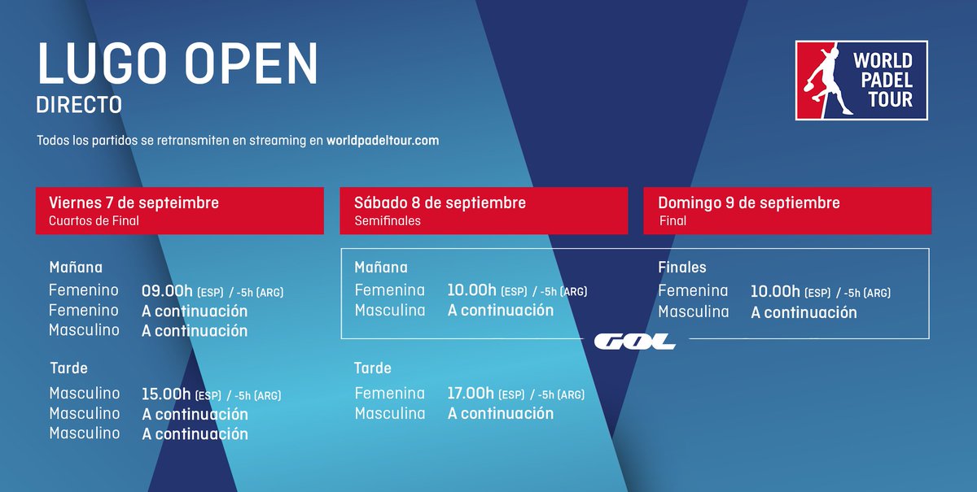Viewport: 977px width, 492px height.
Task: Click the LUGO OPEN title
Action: [177, 63]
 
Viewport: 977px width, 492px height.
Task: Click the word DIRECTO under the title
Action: [79, 105]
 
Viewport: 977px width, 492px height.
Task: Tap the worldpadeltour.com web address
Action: [382, 141]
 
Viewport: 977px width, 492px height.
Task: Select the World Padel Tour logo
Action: [861, 81]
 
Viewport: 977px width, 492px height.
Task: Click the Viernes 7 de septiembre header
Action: [134, 202]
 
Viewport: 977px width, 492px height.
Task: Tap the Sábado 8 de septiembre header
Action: [440, 202]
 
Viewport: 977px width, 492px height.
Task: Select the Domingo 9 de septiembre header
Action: [748, 202]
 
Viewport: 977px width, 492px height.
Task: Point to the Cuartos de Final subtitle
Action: [94, 220]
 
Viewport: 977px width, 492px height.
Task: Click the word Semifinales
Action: [388, 220]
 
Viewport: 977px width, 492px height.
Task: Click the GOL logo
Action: [635, 342]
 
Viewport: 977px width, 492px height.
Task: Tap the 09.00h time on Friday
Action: [167, 291]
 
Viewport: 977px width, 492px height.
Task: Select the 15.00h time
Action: [167, 394]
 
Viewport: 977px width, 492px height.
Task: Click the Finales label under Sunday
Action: [682, 268]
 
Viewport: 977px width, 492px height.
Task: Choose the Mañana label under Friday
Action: [76, 268]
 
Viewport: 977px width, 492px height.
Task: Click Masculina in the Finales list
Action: [694, 311]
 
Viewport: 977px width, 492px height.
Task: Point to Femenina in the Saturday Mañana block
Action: [390, 290]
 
